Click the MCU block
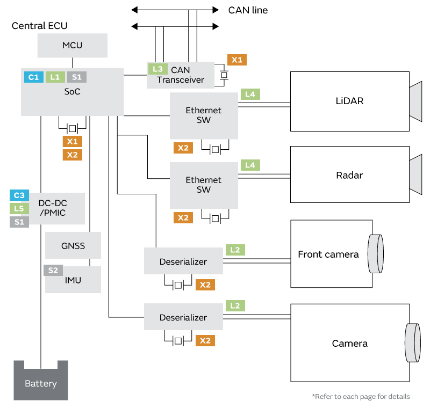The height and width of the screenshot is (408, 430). (x=73, y=45)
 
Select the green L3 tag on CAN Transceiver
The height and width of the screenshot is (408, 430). (x=157, y=69)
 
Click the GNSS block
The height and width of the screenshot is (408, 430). (x=73, y=247)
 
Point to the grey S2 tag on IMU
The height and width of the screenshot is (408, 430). (x=53, y=271)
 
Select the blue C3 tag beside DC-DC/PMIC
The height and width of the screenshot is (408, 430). (x=19, y=195)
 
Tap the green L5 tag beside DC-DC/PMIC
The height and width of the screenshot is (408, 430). (x=19, y=209)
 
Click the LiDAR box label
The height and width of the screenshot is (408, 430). (x=349, y=101)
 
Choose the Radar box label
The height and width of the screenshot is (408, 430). (x=349, y=175)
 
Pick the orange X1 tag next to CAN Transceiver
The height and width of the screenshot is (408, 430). (x=236, y=60)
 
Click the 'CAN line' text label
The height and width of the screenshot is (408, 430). (x=248, y=10)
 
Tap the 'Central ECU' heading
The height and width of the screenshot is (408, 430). (x=40, y=26)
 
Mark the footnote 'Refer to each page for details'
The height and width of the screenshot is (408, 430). (x=361, y=397)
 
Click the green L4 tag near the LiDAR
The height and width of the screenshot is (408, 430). (x=250, y=94)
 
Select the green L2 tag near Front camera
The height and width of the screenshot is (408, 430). (x=235, y=250)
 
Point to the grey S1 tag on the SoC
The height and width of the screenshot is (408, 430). (x=77, y=77)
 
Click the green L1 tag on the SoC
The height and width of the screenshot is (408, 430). (x=55, y=77)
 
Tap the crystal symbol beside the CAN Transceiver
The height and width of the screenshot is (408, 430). (x=224, y=75)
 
